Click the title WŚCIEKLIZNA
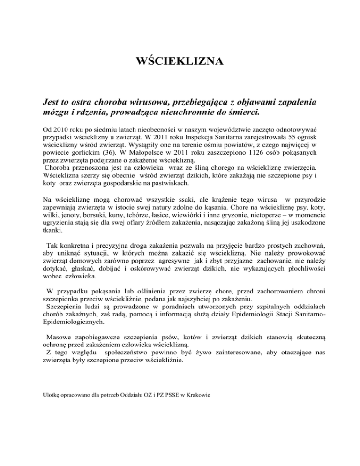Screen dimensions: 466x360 (180, 61)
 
